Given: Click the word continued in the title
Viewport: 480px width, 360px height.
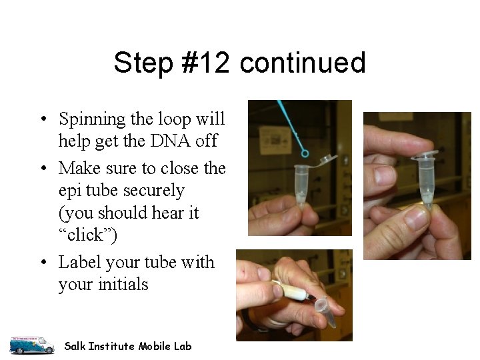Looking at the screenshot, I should [303, 63].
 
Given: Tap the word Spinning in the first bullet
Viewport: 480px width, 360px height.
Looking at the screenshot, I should [92, 119].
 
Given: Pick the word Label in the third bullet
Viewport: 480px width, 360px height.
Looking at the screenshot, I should [79, 262].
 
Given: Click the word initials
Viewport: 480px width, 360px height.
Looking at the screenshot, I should [122, 285].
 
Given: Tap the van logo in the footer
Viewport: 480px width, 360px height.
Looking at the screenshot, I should [31, 345].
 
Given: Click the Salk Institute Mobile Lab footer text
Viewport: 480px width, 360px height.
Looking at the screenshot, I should [127, 346].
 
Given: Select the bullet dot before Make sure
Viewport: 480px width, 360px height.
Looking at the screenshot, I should [43, 169].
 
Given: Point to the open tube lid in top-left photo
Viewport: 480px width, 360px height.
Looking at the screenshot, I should [326, 159].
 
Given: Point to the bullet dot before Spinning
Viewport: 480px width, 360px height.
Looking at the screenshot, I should [43, 120].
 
